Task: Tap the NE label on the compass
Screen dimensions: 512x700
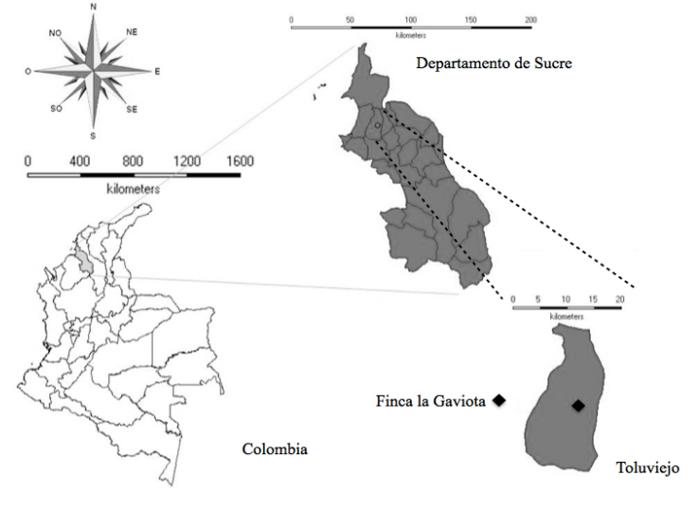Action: pos(132,31)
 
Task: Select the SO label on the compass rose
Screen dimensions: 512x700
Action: pos(56,108)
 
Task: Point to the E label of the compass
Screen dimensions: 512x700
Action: pos(157,70)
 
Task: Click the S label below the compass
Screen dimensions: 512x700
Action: pos(93,134)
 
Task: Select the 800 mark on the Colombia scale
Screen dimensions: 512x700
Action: pos(133,162)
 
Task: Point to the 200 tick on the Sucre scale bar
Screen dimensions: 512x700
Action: pos(530,20)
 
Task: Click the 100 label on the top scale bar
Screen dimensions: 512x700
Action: pos(411,20)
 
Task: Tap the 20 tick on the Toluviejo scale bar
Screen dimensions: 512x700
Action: pos(620,299)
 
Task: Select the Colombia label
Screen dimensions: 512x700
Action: pos(275,448)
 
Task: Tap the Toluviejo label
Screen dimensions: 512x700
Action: pos(648,468)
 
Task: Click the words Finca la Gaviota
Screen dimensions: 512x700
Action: pos(430,402)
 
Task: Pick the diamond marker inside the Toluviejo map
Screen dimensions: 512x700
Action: pos(578,406)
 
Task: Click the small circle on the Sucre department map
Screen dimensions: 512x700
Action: pos(377,125)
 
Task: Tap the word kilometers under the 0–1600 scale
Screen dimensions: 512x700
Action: pos(134,190)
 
